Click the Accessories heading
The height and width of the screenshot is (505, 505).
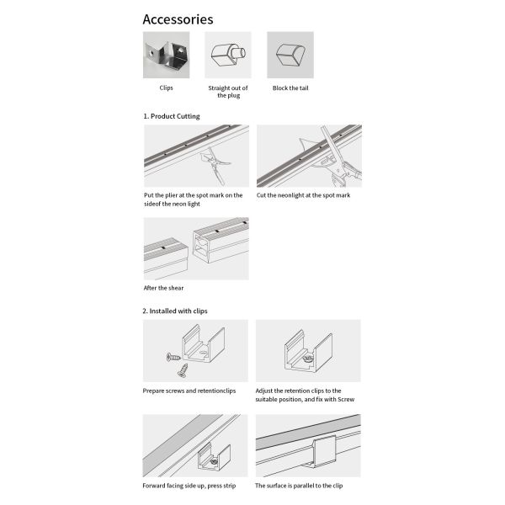point(178,19)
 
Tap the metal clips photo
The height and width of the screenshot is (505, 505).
point(166,55)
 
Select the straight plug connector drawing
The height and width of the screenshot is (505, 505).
point(227,56)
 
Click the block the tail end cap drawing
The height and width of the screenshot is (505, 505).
point(290,56)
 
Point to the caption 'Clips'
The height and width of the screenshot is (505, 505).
point(166,88)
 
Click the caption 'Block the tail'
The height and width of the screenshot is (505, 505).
point(290,88)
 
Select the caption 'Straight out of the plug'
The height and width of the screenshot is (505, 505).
point(227,91)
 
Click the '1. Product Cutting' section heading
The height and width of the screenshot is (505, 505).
point(171,116)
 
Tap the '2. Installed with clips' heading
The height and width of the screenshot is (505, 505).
point(174,311)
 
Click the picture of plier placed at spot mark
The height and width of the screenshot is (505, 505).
point(196,156)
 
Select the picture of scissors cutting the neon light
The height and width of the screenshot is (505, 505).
point(309,156)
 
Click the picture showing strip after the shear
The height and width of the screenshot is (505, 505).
point(196,248)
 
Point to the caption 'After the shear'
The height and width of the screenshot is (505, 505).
point(163,288)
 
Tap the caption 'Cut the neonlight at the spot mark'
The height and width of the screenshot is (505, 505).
point(303,195)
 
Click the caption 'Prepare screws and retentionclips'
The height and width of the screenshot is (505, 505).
point(189,391)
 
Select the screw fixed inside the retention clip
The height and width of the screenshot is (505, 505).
point(307,359)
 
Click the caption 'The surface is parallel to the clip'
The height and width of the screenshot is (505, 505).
point(300,486)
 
